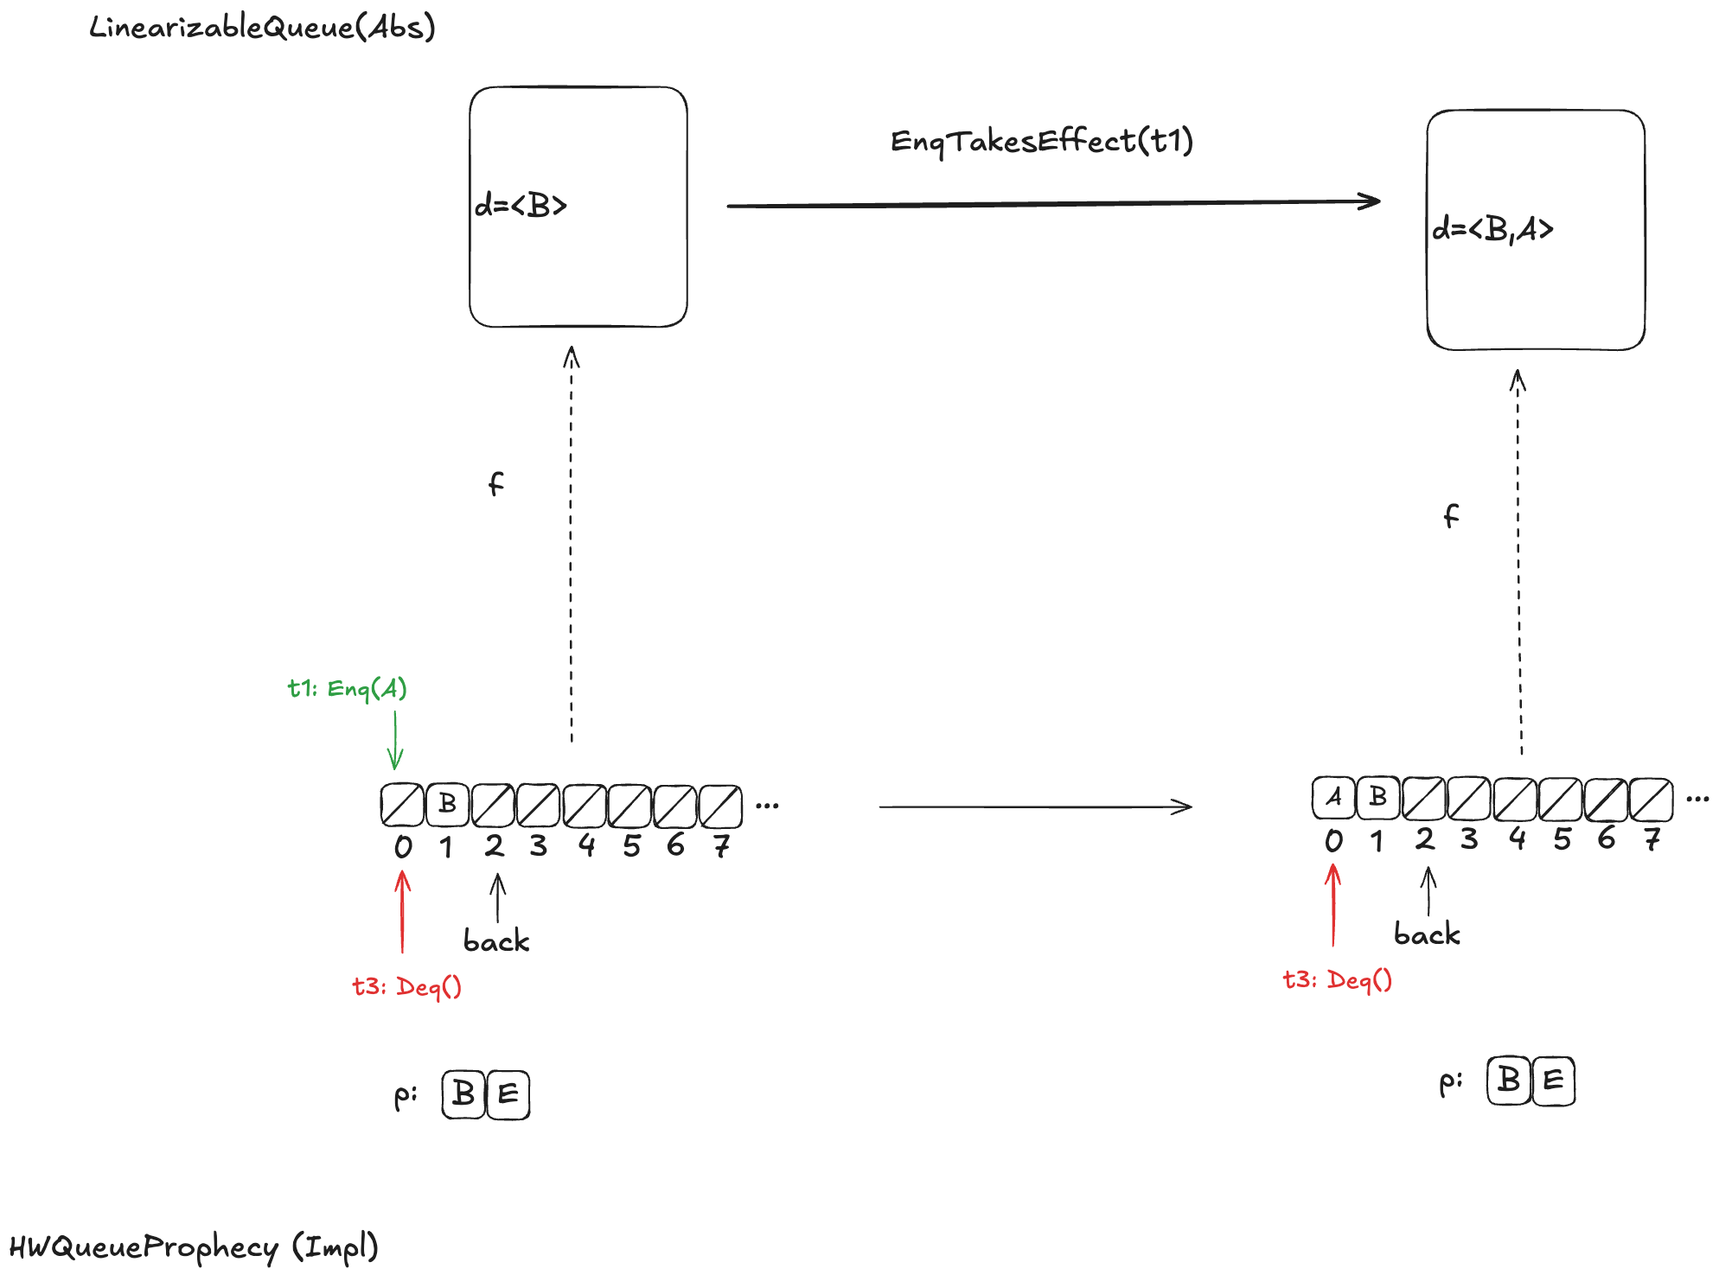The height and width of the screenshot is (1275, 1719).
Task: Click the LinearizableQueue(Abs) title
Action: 262,28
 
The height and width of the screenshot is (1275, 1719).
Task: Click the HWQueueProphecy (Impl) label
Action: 194,1246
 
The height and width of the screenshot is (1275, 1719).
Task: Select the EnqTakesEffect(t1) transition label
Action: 1041,141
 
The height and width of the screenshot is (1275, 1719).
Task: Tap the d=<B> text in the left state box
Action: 521,205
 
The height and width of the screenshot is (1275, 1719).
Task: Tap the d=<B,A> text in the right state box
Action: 1492,229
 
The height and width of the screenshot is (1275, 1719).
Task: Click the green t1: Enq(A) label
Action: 347,688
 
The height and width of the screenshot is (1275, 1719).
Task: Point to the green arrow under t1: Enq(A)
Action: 395,740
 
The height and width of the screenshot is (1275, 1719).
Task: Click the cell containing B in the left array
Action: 447,804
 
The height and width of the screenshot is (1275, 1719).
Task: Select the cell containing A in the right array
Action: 1333,797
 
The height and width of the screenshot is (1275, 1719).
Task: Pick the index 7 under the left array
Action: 721,845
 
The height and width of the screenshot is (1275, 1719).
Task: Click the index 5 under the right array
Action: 1562,838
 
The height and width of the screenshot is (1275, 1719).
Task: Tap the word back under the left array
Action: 496,940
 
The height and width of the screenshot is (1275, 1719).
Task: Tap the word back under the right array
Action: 1427,934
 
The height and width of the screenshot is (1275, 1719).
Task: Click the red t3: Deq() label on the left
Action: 406,986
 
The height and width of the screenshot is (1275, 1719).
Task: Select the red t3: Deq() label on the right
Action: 1337,980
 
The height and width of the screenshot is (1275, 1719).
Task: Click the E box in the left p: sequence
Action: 508,1094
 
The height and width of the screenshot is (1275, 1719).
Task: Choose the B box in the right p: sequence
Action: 1509,1081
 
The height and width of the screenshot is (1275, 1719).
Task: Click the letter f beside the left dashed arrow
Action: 495,483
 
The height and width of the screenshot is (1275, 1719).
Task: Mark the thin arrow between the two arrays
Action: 1035,806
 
